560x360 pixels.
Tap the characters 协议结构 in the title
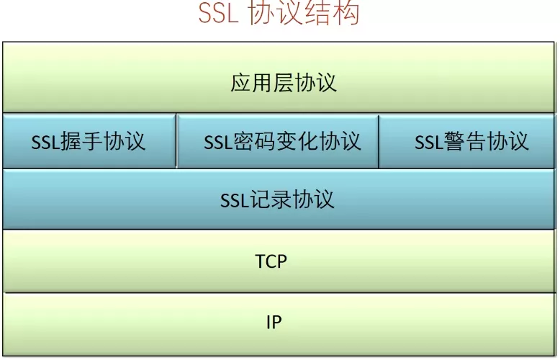point(303,14)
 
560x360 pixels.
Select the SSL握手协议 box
point(89,140)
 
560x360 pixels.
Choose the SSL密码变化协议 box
point(278,140)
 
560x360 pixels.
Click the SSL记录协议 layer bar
point(279,199)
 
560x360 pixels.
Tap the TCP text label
point(271,261)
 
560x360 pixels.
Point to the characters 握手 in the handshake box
point(81,141)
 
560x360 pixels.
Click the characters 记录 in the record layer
point(270,199)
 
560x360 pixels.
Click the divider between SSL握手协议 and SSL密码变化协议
point(176,140)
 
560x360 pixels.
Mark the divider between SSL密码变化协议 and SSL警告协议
point(379,140)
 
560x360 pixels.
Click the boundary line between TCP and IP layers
point(279,292)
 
